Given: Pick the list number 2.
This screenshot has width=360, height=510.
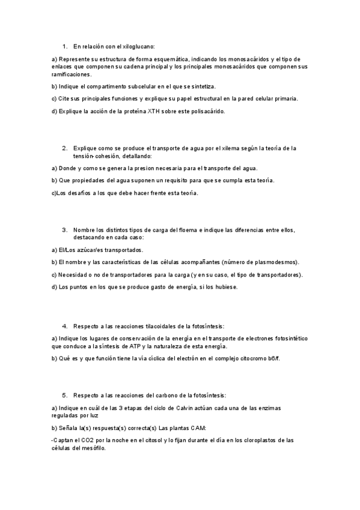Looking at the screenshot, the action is [x=64, y=148].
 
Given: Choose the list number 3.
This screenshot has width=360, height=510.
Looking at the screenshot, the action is [x=64, y=230].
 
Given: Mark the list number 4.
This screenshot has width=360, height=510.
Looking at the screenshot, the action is [x=64, y=326].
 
